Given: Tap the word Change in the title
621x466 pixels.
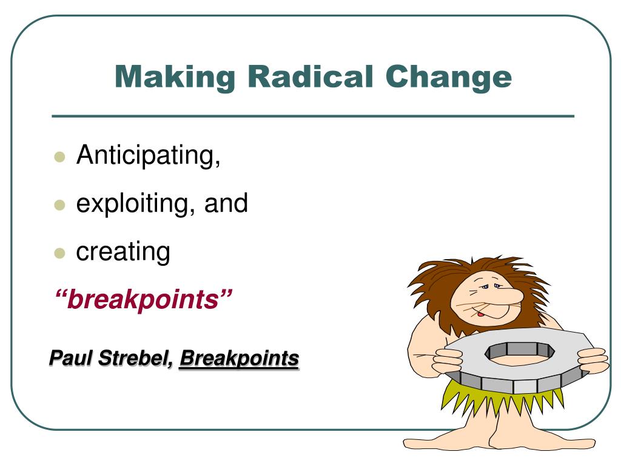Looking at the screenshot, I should pyautogui.click(x=449, y=78).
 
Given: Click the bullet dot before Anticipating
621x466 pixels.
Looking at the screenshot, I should pyautogui.click(x=59, y=157).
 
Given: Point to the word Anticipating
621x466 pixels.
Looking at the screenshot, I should pyautogui.click(x=147, y=156).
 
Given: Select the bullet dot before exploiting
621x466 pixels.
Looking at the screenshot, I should pyautogui.click(x=59, y=204).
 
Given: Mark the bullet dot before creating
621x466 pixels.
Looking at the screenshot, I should pyautogui.click(x=59, y=252).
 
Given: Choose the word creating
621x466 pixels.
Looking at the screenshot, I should pyautogui.click(x=123, y=251).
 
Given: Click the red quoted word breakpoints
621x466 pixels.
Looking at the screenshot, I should pyautogui.click(x=144, y=299).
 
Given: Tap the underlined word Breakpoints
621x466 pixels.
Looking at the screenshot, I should pyautogui.click(x=239, y=358).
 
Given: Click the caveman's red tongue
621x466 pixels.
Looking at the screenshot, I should pyautogui.click(x=480, y=314).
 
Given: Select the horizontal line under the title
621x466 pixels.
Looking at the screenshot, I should pyautogui.click(x=312, y=116).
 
